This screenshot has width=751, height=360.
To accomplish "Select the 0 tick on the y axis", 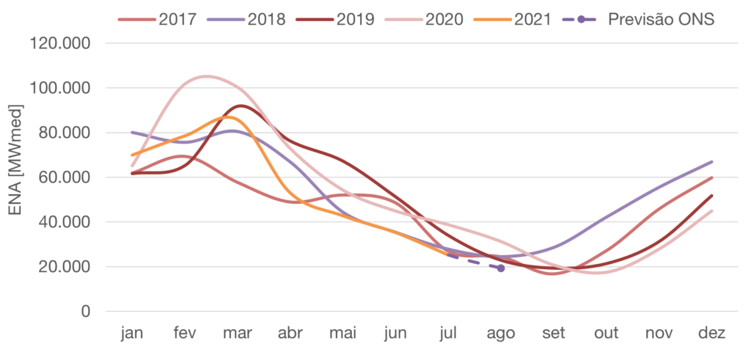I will (86, 312).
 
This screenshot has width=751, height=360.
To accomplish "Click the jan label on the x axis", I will (132, 334).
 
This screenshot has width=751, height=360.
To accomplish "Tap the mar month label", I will (238, 334).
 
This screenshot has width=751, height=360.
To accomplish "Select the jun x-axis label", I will (395, 334).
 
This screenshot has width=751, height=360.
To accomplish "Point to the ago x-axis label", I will (501, 334).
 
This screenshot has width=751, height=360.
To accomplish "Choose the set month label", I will (554, 334).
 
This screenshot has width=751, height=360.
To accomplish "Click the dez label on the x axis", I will (712, 334).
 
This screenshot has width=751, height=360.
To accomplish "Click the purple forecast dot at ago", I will (501, 268).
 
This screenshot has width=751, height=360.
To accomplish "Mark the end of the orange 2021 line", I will (447, 254).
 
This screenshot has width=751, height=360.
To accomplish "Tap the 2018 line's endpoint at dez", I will (712, 161).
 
